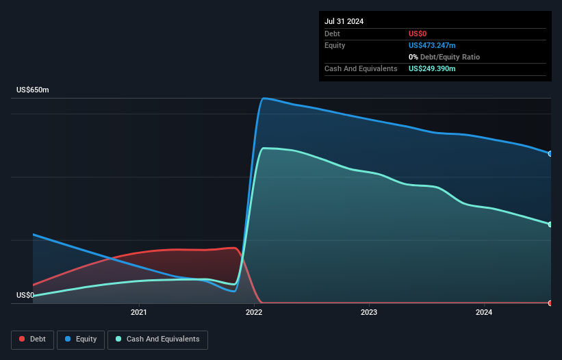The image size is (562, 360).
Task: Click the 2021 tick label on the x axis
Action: click(x=139, y=313)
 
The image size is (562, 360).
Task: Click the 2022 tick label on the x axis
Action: click(x=254, y=313)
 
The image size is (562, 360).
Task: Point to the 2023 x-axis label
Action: click(x=369, y=313)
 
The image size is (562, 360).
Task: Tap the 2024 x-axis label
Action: click(x=484, y=313)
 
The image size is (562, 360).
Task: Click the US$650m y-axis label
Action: click(x=33, y=90)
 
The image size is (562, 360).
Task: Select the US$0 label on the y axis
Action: click(x=25, y=296)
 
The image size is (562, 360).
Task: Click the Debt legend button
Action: click(x=33, y=339)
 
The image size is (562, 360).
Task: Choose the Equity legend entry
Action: click(x=81, y=339)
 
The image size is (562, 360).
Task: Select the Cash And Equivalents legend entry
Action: click(x=157, y=339)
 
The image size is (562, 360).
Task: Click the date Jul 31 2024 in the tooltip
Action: click(x=344, y=21)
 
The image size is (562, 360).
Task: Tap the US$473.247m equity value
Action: click(x=432, y=45)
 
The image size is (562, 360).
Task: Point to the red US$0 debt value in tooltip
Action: click(x=418, y=34)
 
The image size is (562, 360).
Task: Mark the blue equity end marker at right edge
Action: click(x=550, y=153)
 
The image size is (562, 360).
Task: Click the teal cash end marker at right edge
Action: click(x=550, y=224)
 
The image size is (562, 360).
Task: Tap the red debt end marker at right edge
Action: click(x=550, y=303)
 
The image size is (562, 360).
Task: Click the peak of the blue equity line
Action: click(x=265, y=98)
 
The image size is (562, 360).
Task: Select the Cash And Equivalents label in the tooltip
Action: click(x=361, y=68)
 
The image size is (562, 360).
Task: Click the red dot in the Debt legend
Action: click(x=22, y=339)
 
